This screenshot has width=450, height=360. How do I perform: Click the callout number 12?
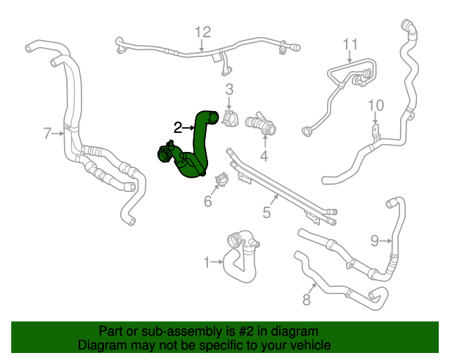click(202, 32)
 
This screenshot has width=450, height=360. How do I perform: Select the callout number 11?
click(351, 46)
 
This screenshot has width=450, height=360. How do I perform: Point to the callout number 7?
click(47, 133)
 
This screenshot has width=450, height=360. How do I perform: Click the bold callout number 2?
click(179, 127)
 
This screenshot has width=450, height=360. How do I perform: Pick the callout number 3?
click(229, 89)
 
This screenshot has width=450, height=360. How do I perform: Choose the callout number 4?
click(264, 155)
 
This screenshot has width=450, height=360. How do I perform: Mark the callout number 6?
click(207, 202)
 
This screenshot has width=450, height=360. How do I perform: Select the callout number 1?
click(207, 263)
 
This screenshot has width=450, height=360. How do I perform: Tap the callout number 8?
click(306, 300)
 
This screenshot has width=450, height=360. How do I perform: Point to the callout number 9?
click(375, 240)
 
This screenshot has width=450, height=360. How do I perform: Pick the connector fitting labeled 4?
click(261, 125)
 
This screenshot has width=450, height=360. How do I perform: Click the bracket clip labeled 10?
click(375, 132)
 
